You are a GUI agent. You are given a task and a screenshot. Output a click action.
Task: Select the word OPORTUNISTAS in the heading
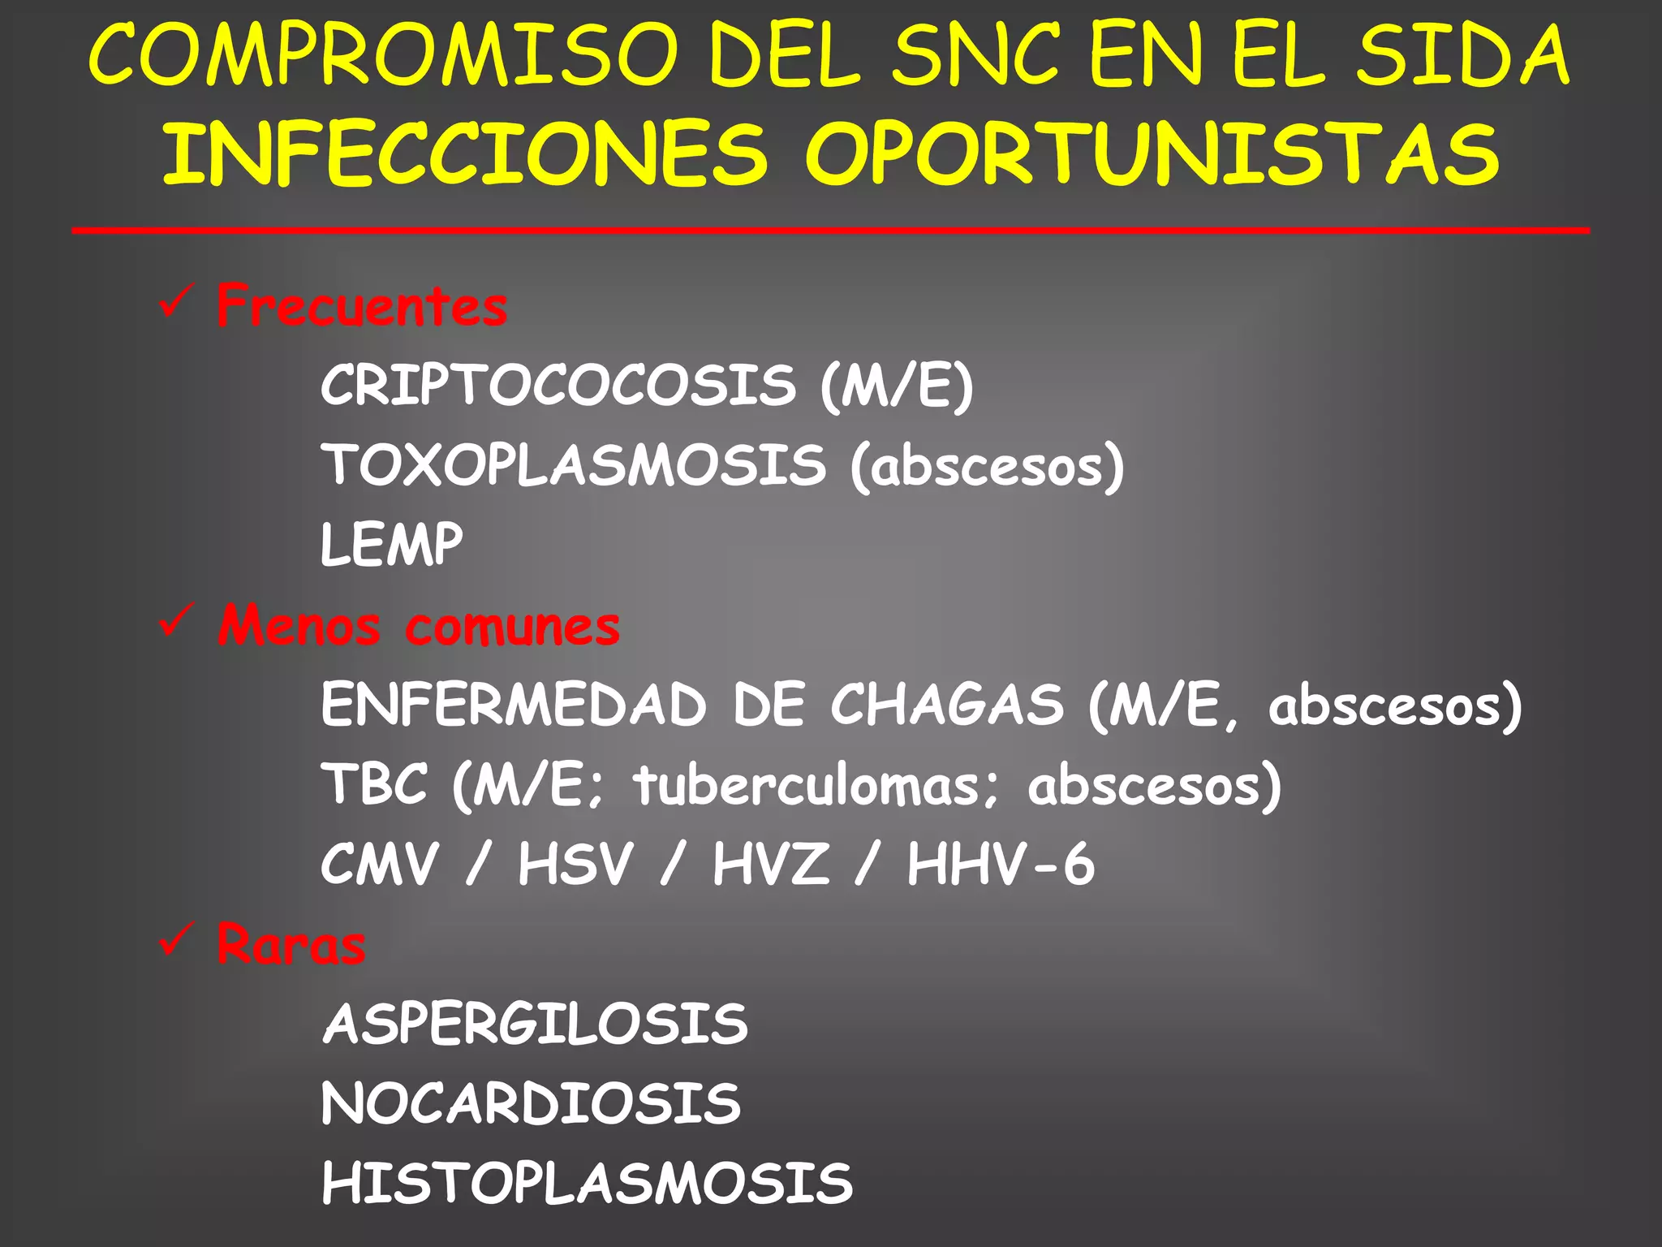pos(1152,154)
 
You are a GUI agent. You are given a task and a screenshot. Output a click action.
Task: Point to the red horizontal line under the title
pos(831,231)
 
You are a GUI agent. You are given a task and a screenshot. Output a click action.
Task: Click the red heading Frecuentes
pos(362,306)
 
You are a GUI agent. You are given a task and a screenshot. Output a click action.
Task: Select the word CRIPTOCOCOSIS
pos(558,385)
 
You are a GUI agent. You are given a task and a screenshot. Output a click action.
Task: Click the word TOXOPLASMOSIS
pos(574,464)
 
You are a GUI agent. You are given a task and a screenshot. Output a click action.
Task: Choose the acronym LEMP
pos(392,544)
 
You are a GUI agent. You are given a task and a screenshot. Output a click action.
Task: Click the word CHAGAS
pos(946,704)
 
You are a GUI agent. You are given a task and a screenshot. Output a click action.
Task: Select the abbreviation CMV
pos(380,864)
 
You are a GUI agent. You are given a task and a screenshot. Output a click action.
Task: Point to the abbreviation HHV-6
pos(1001,864)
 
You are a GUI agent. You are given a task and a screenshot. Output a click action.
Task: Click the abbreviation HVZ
pos(771,864)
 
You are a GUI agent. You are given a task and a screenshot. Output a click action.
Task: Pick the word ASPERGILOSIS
pos(536,1024)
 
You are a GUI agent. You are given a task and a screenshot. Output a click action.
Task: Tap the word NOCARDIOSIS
pos(532,1103)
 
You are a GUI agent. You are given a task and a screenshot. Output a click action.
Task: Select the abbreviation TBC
pos(374,784)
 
